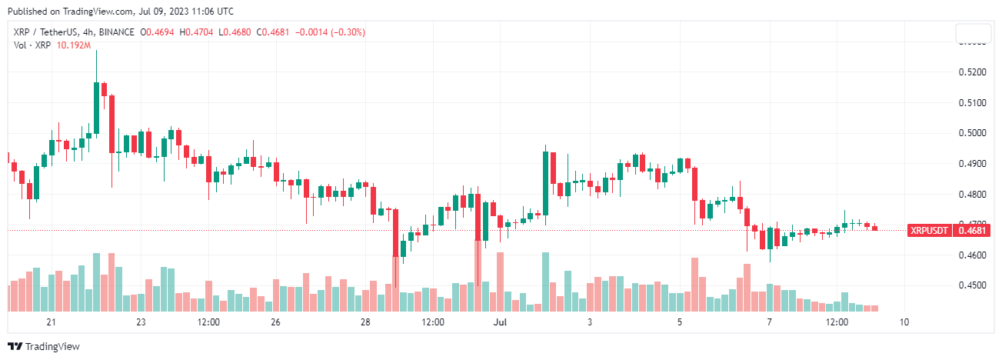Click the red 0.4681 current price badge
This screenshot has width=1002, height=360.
coord(973,230)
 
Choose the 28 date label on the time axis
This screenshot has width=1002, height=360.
coord(365,322)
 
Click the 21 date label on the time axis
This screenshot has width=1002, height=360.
coord(52,322)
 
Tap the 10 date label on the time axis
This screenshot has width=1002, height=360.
coord(904,322)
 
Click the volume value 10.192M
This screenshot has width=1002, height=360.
coord(75,45)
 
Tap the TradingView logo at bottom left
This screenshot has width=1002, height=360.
coord(43,347)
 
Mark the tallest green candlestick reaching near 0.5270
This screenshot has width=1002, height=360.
coord(96,108)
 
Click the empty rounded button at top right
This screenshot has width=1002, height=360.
coord(973,34)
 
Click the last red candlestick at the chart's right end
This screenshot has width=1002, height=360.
coord(874,228)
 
